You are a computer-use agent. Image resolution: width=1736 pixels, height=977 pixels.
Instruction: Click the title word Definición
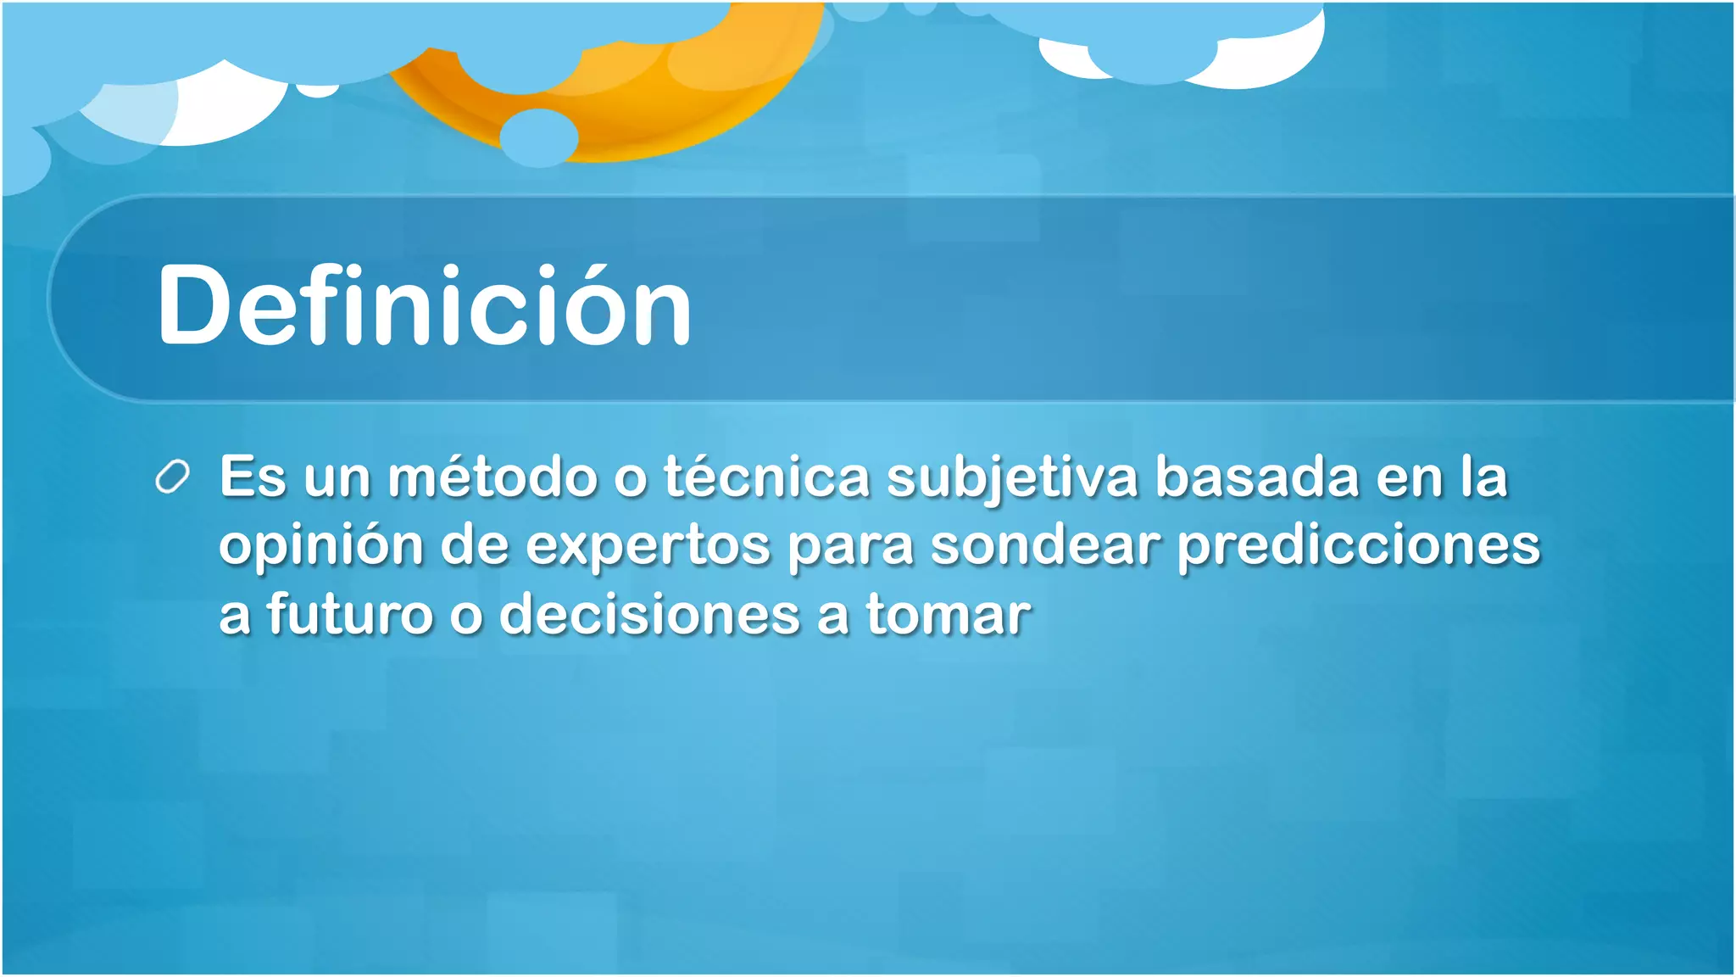tap(424, 305)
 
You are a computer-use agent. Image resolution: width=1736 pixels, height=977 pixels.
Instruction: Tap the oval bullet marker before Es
tap(172, 477)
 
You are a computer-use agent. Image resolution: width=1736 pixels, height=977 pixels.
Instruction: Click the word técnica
tap(766, 477)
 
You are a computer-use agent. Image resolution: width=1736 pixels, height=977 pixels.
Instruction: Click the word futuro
tap(350, 614)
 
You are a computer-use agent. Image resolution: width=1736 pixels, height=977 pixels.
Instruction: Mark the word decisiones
tap(649, 614)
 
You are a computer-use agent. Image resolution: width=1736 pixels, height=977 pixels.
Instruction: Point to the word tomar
tap(948, 614)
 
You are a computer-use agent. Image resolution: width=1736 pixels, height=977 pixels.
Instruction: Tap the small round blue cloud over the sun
tap(538, 137)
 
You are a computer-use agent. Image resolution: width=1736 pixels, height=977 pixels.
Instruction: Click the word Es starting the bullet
tap(253, 477)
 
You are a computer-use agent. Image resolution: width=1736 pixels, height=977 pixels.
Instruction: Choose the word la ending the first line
tap(1484, 477)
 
